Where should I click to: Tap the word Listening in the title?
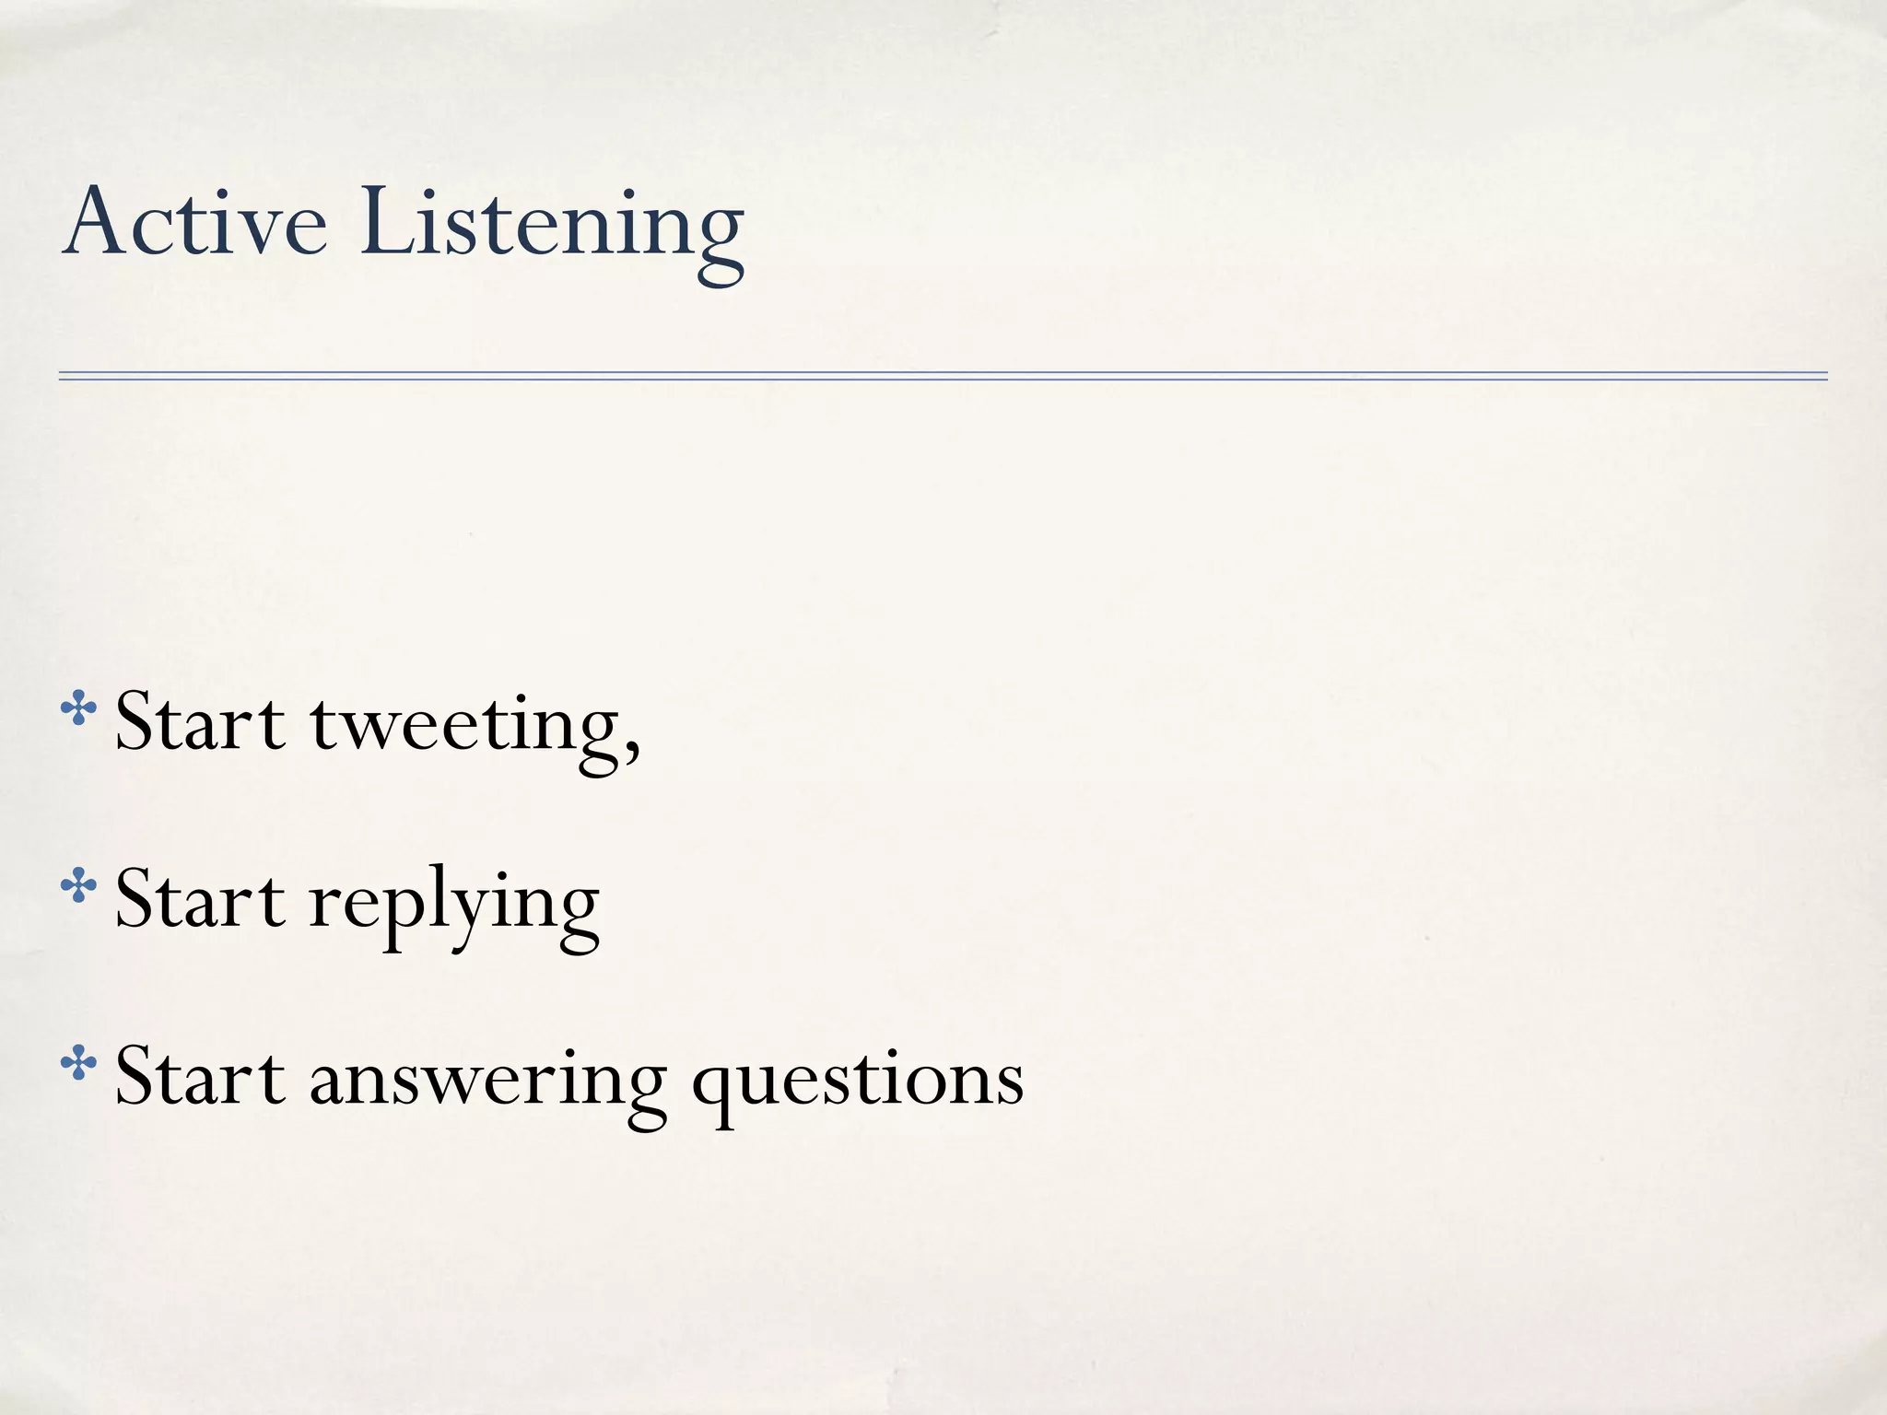551,226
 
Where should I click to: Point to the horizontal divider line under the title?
943,376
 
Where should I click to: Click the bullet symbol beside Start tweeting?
78,710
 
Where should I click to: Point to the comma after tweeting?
631,747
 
